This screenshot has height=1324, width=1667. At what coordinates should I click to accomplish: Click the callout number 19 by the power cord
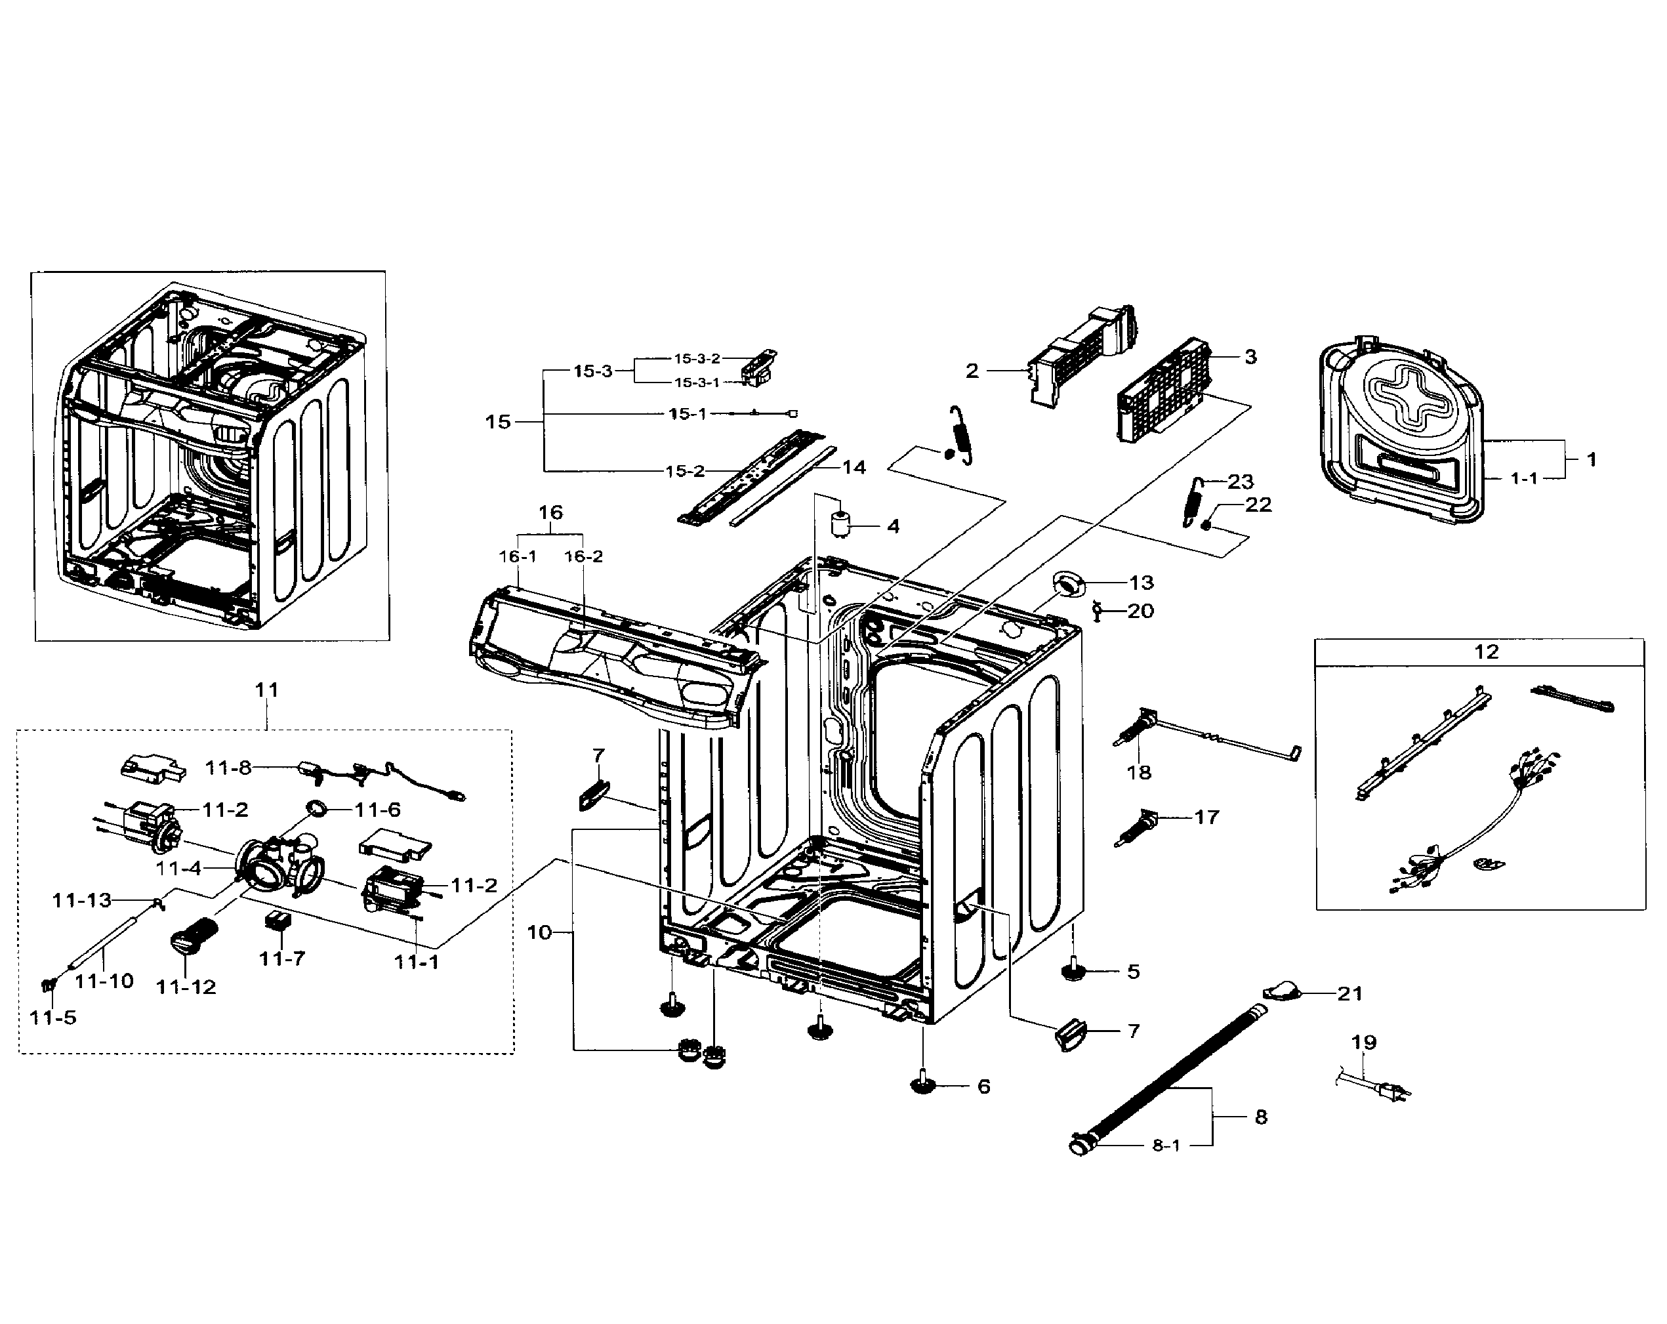click(x=1363, y=1043)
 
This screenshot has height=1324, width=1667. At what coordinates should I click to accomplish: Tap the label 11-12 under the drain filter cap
click(x=186, y=987)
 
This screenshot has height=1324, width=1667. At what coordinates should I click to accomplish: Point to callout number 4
click(x=893, y=527)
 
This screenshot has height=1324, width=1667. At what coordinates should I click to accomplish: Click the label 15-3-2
click(x=696, y=359)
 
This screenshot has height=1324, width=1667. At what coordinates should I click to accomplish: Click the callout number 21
click(x=1349, y=994)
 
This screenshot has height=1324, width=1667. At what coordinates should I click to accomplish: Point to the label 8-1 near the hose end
click(x=1166, y=1146)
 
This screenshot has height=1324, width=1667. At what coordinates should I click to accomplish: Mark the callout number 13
click(x=1142, y=583)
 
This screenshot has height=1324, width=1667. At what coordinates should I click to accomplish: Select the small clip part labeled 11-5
click(x=49, y=985)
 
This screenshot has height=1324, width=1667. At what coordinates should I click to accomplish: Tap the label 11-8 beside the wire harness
click(x=228, y=768)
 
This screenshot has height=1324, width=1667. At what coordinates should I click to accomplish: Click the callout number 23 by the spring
click(x=1240, y=482)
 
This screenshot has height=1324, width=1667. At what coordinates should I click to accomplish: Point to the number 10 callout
click(x=539, y=933)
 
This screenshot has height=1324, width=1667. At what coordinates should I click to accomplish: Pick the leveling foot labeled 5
click(x=1073, y=970)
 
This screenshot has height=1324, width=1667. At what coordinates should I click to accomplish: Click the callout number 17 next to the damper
click(x=1206, y=817)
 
